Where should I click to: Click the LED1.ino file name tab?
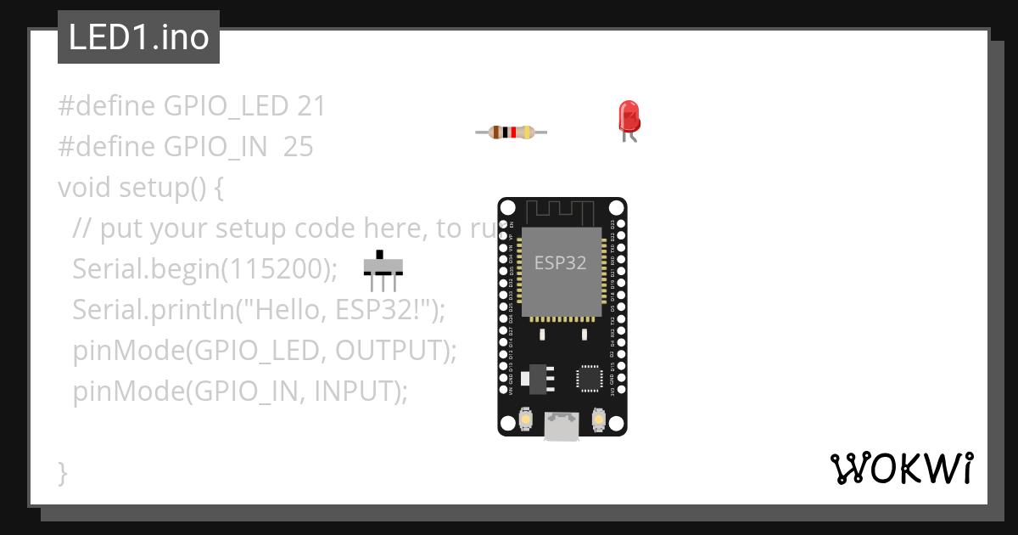pos(138,37)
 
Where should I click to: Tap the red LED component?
pos(629,117)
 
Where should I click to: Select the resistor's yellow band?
pos(529,132)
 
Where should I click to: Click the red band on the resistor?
pos(513,132)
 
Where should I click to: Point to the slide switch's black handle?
pos(381,255)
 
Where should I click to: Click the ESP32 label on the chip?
pos(560,262)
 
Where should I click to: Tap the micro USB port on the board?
pos(562,426)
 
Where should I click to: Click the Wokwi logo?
pos(901,469)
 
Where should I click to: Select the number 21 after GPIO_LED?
pos(311,106)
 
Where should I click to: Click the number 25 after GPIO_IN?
pos(299,147)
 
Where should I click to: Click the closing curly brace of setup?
pos(62,472)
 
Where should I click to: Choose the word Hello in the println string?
pos(283,309)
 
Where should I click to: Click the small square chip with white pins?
pos(589,379)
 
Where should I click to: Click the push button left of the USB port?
pos(526,420)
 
